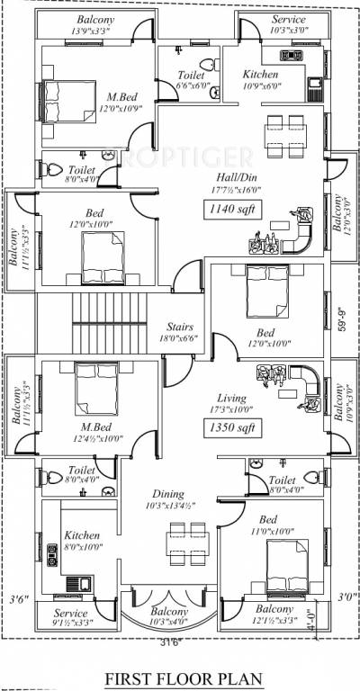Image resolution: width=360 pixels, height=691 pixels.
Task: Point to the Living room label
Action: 231,397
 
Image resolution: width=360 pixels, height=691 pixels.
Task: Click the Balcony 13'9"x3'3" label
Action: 95,24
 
